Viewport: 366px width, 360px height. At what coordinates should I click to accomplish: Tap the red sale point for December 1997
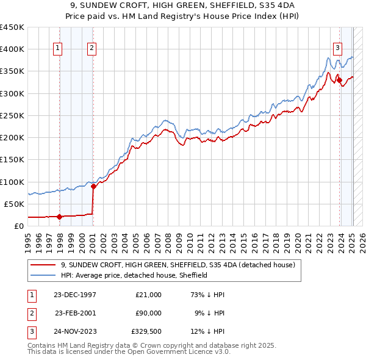point(59,216)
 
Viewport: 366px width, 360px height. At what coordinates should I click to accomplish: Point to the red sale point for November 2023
point(339,80)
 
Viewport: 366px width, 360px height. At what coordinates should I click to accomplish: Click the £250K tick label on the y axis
point(12,115)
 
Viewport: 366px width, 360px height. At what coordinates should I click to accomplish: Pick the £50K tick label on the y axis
point(15,204)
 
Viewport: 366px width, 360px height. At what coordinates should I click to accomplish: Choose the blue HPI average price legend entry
point(134,275)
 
